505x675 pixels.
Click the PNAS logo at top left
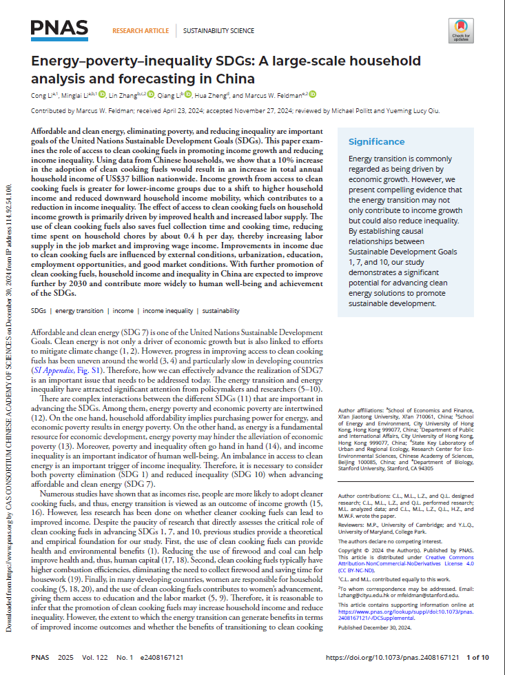[59, 28]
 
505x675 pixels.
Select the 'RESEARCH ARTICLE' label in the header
[141, 30]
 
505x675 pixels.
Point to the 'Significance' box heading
[376, 142]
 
